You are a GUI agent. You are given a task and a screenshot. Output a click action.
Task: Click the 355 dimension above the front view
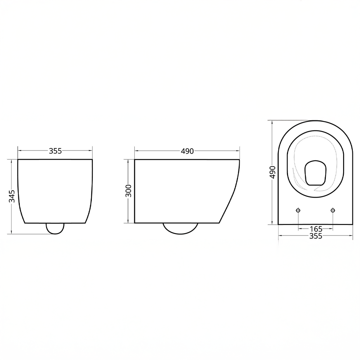click(55, 151)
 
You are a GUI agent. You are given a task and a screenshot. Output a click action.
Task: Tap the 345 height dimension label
click(12, 196)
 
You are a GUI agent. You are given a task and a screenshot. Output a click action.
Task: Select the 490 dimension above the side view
click(187, 151)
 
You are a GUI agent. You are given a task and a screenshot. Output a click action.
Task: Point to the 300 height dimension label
click(129, 191)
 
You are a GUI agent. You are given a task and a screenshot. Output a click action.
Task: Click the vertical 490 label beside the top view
click(273, 172)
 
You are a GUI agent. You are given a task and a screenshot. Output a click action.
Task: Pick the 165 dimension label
click(316, 229)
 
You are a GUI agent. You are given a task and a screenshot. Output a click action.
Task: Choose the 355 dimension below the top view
click(316, 236)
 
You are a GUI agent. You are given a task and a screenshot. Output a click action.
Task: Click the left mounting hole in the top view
click(298, 210)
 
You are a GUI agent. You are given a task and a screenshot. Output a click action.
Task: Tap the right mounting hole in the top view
click(333, 210)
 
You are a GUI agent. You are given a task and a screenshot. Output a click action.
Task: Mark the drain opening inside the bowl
click(315, 173)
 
